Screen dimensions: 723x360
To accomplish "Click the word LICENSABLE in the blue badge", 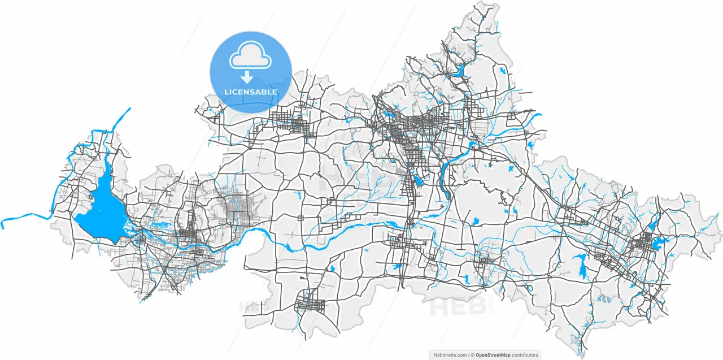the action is (251, 92).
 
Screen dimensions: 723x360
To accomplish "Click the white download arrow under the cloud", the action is (247, 77).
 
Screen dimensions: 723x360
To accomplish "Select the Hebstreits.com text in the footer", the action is (450, 355).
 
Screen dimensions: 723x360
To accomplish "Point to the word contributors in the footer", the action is (525, 355).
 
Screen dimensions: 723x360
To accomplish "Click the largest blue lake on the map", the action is (102, 212).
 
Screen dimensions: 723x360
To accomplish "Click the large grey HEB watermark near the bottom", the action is (458, 307).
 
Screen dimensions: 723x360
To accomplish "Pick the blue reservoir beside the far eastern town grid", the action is (657, 244).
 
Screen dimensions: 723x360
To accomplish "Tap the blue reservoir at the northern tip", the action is (459, 71).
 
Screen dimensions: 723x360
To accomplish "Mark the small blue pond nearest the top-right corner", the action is (502, 71).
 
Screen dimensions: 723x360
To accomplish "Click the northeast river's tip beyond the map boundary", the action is (539, 115).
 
